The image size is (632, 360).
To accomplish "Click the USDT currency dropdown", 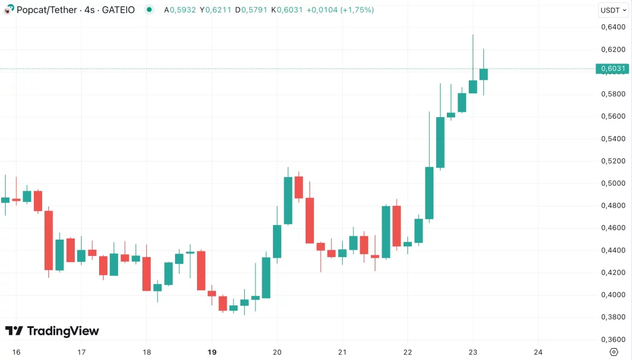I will pos(613,10).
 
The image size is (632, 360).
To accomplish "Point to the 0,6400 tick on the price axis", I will pos(613,27).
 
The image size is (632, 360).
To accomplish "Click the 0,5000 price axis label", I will pos(613,183).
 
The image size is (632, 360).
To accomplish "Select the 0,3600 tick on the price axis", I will pos(613,339).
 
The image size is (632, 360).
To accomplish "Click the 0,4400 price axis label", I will pos(613,250).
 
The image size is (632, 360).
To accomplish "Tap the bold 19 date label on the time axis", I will pos(212,352).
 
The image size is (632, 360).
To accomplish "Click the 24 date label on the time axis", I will pos(538,352).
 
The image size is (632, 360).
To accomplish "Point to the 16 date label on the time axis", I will pos(16,352).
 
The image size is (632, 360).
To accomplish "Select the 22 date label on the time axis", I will pos(407,352).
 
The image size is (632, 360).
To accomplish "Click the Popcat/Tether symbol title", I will pos(47,10).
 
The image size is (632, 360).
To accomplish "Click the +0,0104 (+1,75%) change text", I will pos(340,10).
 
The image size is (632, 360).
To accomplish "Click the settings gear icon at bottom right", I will pos(614,352).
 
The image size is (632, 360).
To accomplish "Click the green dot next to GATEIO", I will pos(149,10).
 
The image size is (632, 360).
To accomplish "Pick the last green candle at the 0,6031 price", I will pos(483,74).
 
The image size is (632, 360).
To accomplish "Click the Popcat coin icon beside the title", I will pos(9,10).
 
